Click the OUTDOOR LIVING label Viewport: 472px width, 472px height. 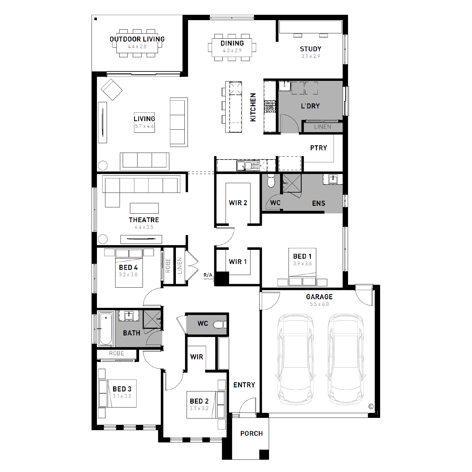pyautogui.click(x=137, y=39)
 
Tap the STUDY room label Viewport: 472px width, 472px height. pyautogui.click(x=311, y=49)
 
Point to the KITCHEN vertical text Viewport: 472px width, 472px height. pyautogui.click(x=253, y=107)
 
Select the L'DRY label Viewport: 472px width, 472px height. pyautogui.click(x=310, y=106)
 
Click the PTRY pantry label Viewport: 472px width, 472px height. pyautogui.click(x=318, y=148)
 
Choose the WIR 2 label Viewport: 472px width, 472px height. pyautogui.click(x=238, y=203)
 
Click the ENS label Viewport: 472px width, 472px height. pyautogui.click(x=318, y=204)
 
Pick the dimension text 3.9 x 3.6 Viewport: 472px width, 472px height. pyautogui.click(x=302, y=264)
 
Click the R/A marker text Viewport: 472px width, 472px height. pyautogui.click(x=208, y=275)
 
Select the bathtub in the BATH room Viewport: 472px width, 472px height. pyautogui.click(x=106, y=329)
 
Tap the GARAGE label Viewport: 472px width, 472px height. pyautogui.click(x=319, y=297)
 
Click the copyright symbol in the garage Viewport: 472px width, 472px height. pyautogui.click(x=371, y=407)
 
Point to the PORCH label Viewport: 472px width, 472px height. pyautogui.click(x=251, y=434)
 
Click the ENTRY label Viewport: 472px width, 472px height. pyautogui.click(x=244, y=385)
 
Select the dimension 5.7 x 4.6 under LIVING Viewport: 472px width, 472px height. pyautogui.click(x=144, y=126)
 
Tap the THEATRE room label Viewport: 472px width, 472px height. pyautogui.click(x=144, y=220)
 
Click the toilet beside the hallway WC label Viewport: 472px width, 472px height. pyautogui.click(x=220, y=324)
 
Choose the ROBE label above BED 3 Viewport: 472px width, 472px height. pyautogui.click(x=116, y=353)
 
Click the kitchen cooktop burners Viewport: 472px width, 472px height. pyautogui.click(x=270, y=106)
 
